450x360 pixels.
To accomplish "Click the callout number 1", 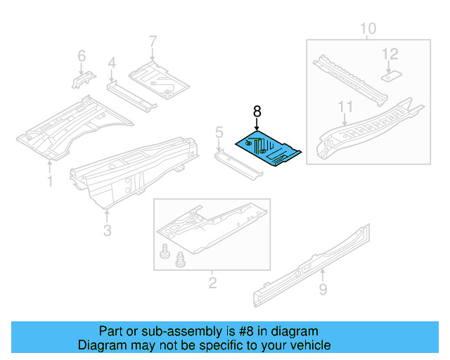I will [x=50, y=182].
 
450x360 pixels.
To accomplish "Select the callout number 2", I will [x=212, y=283].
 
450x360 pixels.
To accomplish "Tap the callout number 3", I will [x=107, y=230].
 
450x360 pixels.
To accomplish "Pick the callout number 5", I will [x=219, y=131].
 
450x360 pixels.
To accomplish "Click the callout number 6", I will [x=81, y=56].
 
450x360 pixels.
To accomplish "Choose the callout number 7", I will [x=153, y=42].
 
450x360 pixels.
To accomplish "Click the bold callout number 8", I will [x=257, y=110].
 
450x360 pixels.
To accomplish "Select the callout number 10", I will [x=368, y=29].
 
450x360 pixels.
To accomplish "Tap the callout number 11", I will [x=344, y=106].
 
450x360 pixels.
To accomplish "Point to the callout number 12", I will [x=390, y=53].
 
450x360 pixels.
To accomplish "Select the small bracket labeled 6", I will [x=81, y=79].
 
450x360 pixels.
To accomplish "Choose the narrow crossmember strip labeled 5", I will [x=236, y=163].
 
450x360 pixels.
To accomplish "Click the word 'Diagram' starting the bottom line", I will [x=100, y=345].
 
